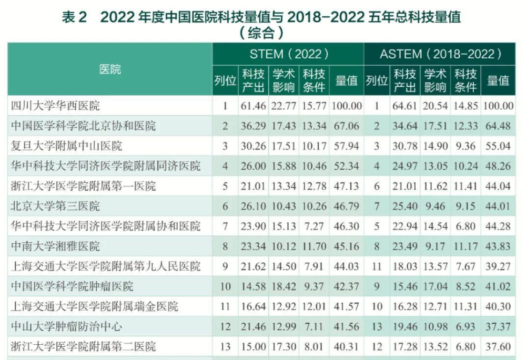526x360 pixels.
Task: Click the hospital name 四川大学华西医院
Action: coord(55,106)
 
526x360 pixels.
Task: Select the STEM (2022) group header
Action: coord(289,54)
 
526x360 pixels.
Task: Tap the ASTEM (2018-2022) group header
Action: coord(440,54)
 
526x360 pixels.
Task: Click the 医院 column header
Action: coord(110,69)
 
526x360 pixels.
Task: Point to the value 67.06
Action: coord(347,126)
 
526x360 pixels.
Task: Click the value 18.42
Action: coord(284,286)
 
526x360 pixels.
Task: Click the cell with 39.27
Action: coord(499,266)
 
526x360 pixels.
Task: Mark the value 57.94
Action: coord(347,146)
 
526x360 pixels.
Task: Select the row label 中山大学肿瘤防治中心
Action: coord(67,327)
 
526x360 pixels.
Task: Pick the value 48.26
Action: coord(499,166)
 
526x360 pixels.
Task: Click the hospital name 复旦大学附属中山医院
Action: coord(67,146)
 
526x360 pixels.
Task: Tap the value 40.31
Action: coord(347,347)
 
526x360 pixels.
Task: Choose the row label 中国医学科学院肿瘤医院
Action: coord(72,286)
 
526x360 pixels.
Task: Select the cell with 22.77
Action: coord(284,106)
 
